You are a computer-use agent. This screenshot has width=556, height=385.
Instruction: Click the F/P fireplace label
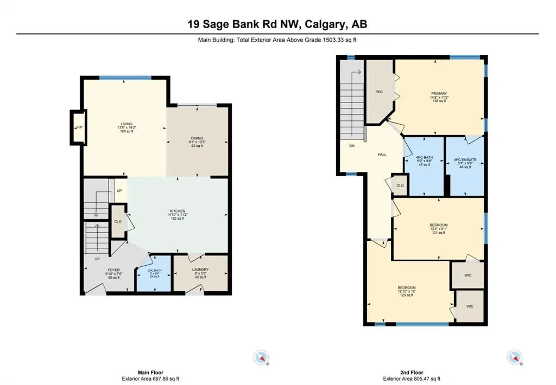point(79,127)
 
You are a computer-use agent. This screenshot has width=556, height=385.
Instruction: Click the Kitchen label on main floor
point(177,211)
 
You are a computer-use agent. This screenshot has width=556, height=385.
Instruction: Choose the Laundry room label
point(200,269)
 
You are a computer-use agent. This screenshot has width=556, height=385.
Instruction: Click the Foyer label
point(113,269)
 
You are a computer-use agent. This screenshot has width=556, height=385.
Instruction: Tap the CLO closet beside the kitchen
point(118,221)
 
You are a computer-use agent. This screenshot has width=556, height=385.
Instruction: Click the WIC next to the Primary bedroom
point(380,92)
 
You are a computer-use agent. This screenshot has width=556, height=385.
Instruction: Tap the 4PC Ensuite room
point(464,159)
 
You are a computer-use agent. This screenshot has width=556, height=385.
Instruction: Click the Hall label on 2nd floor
point(382,155)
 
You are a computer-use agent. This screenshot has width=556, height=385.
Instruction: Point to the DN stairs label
point(351,145)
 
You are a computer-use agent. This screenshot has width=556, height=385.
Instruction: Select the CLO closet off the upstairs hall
point(400,185)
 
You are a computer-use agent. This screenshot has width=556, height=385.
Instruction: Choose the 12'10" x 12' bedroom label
point(407,287)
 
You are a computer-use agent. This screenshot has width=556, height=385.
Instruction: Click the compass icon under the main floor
point(261,357)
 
